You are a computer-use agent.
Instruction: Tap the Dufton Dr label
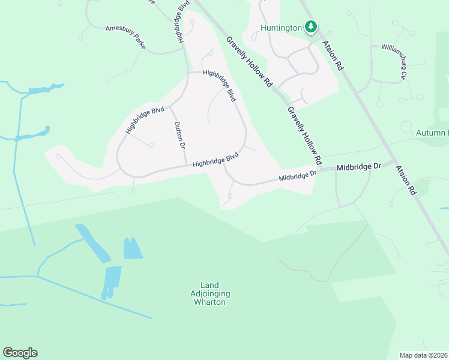(178, 134)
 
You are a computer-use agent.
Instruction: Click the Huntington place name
(280, 28)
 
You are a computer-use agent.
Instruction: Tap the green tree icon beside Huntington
(310, 26)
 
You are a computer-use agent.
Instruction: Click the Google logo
(20, 353)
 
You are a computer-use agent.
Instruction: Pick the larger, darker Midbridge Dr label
(359, 167)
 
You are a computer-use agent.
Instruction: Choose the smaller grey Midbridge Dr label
(297, 176)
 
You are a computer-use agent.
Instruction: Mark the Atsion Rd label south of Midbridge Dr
(406, 180)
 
